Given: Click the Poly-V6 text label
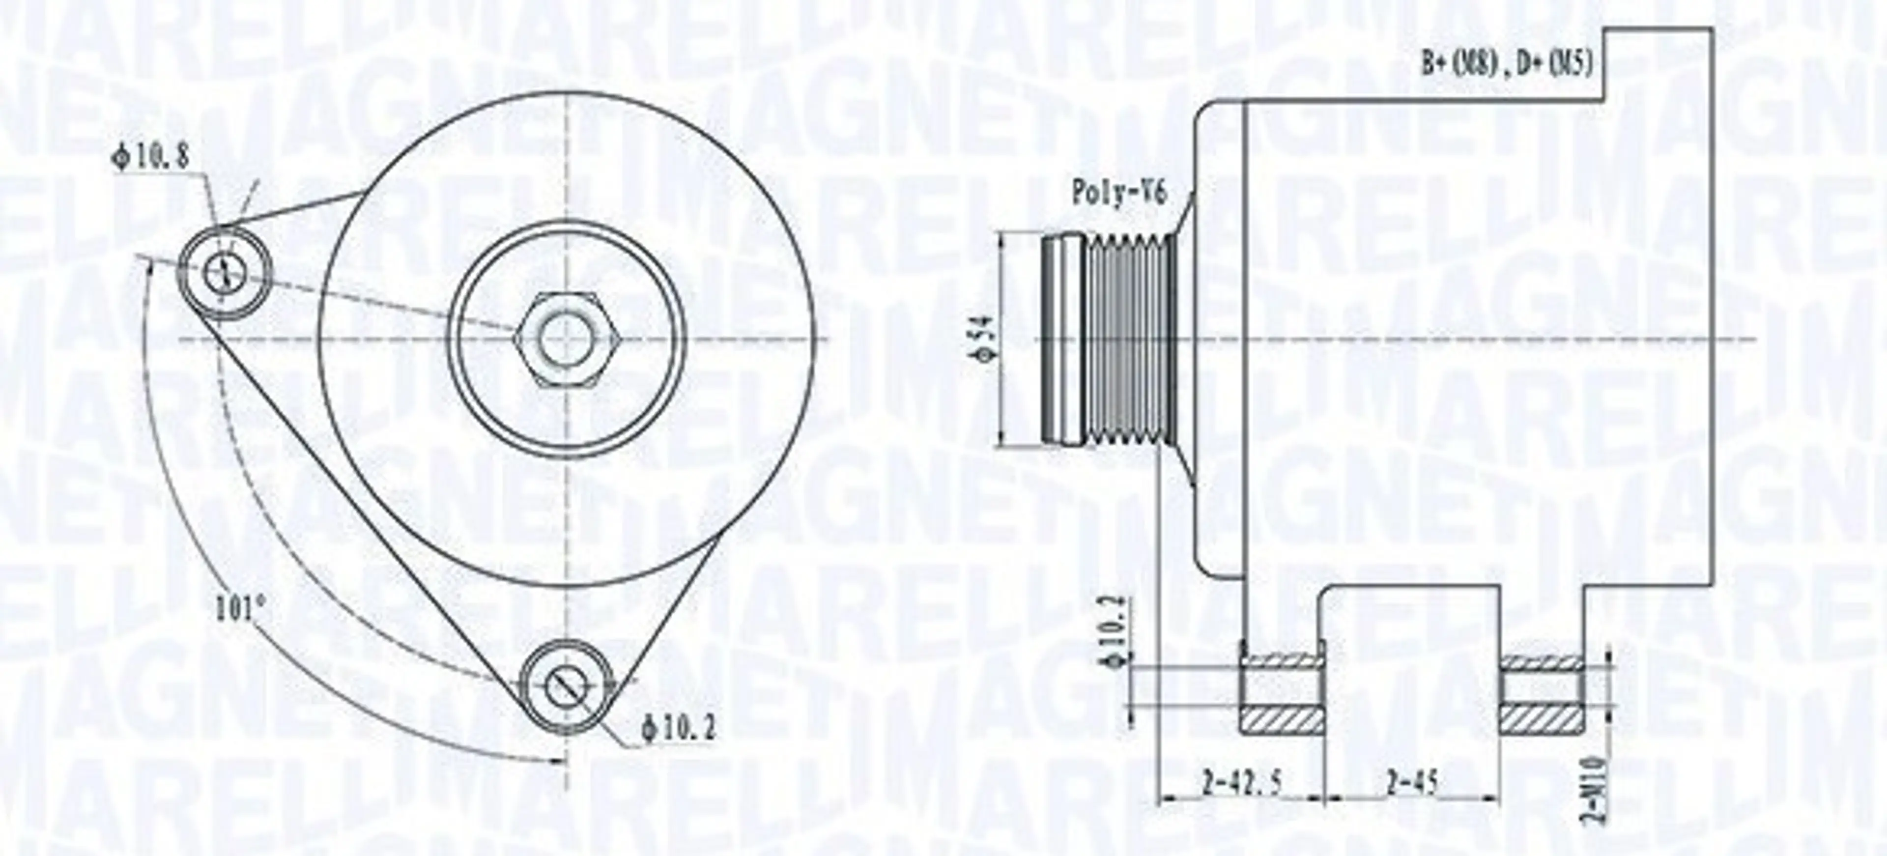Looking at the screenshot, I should coord(1118,193).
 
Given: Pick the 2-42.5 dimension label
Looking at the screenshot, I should coord(1242,785).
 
